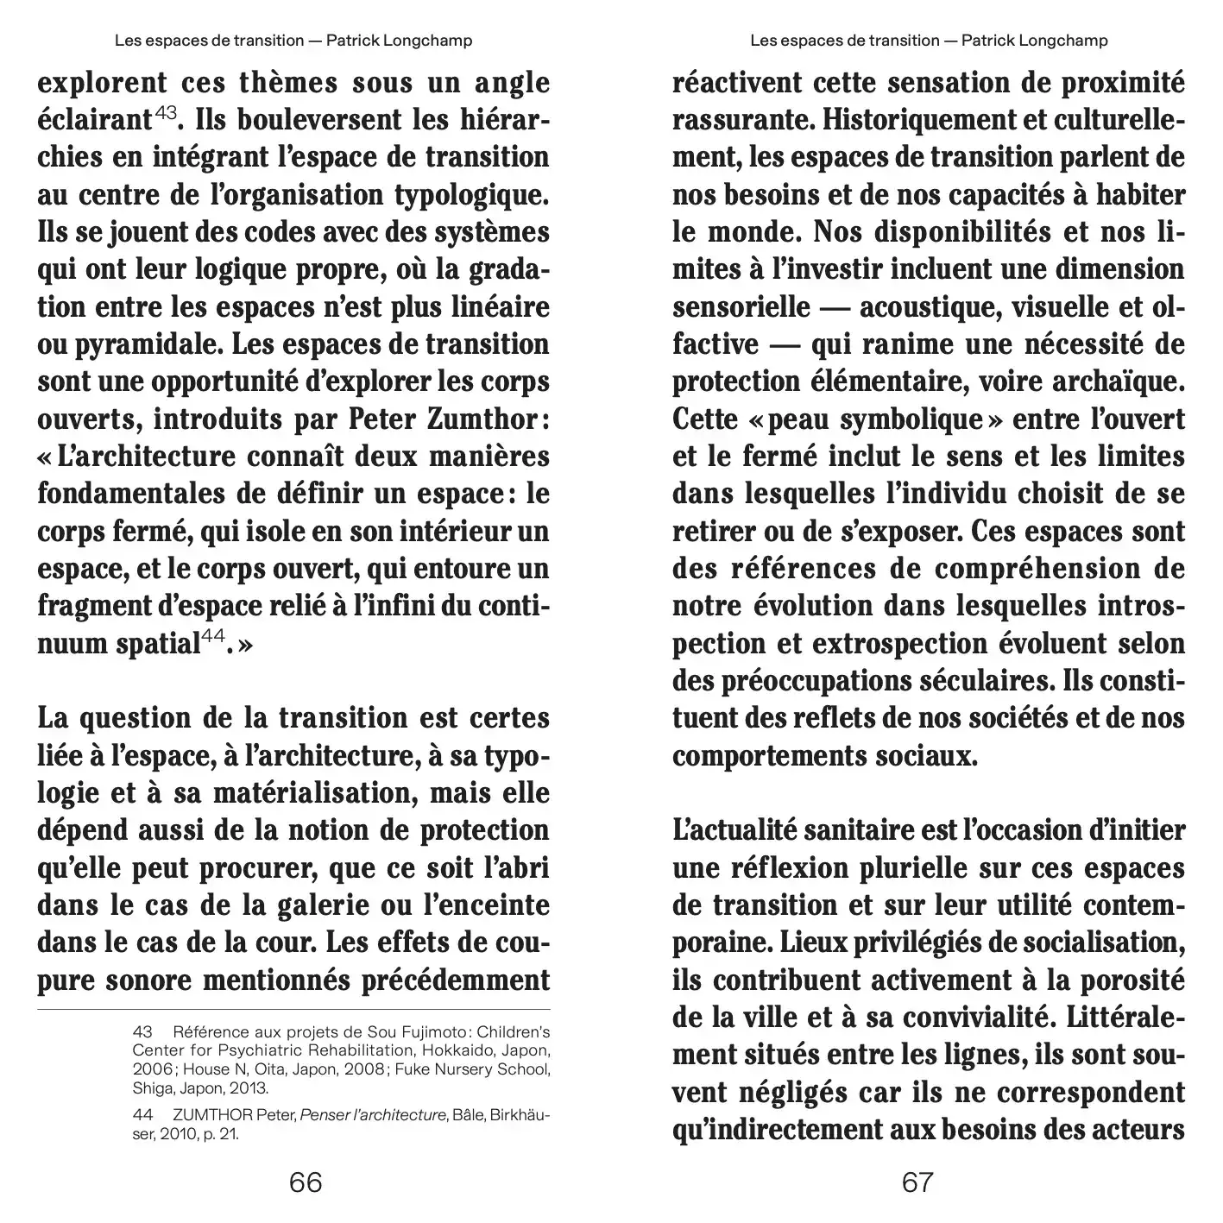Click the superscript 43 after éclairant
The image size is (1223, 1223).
click(x=167, y=112)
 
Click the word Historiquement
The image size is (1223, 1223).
click(x=900, y=120)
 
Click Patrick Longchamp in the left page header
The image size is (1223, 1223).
click(x=399, y=41)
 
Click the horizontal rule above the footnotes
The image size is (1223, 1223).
click(x=293, y=1009)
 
